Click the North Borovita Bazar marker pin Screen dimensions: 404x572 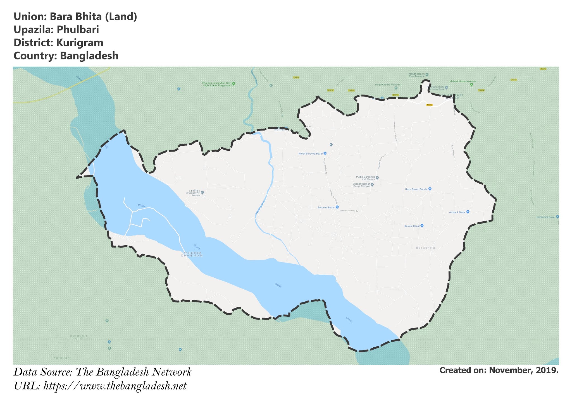tap(325, 153)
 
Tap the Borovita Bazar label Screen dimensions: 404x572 tap(326, 208)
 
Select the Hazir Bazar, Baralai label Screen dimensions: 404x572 tap(416, 189)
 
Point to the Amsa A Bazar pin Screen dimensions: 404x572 tap(468, 212)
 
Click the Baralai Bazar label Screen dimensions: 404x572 tap(412, 226)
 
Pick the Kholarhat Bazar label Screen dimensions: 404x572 tap(546, 217)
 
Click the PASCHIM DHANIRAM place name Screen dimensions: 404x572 tap(192, 254)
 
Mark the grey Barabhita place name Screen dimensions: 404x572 tap(425, 248)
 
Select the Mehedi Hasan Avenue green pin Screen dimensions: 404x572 tap(471, 84)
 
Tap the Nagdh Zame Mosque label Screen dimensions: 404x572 tap(387, 85)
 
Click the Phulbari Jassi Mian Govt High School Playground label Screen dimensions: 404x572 tap(217, 84)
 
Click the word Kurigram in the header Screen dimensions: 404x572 tap(80, 43)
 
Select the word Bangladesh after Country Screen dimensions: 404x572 tap(89, 56)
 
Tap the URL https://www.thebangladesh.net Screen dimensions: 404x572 tap(115, 386)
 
